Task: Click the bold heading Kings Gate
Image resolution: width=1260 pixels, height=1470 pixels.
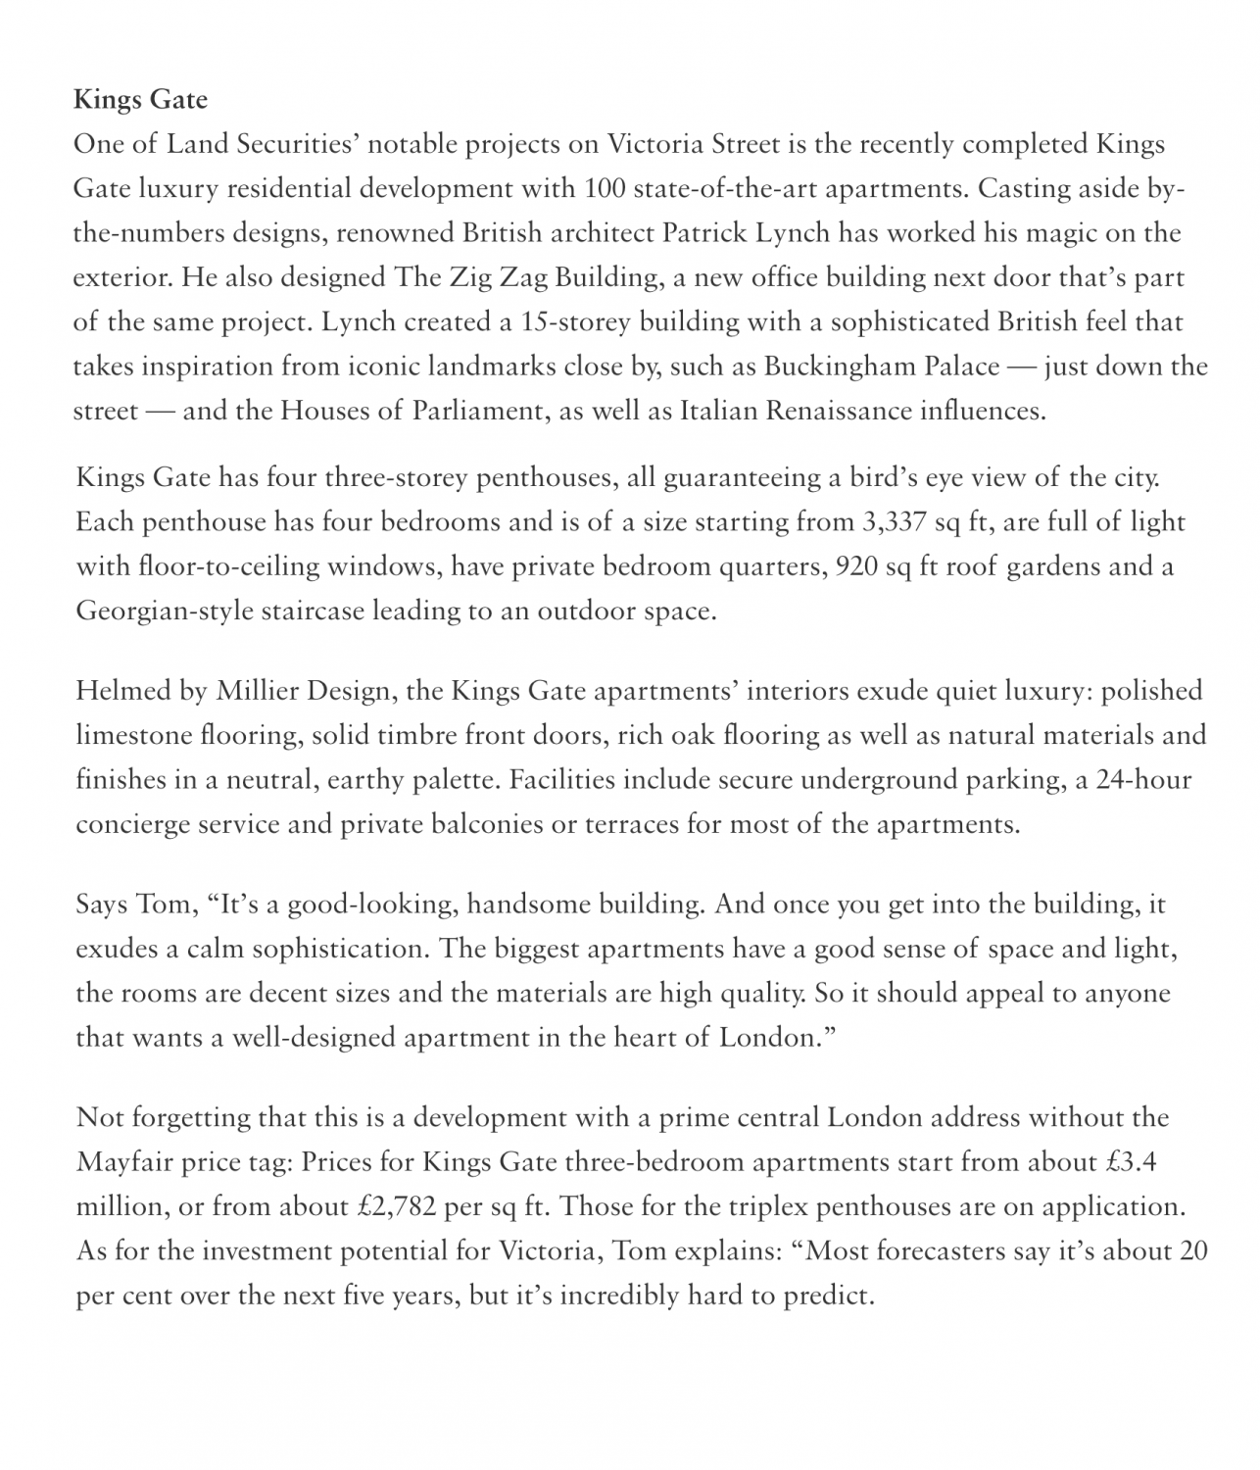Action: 140,100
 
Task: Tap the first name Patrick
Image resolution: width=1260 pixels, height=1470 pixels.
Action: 705,233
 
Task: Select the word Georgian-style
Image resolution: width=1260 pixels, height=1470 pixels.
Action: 160,612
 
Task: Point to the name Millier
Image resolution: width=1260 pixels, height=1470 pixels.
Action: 257,691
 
